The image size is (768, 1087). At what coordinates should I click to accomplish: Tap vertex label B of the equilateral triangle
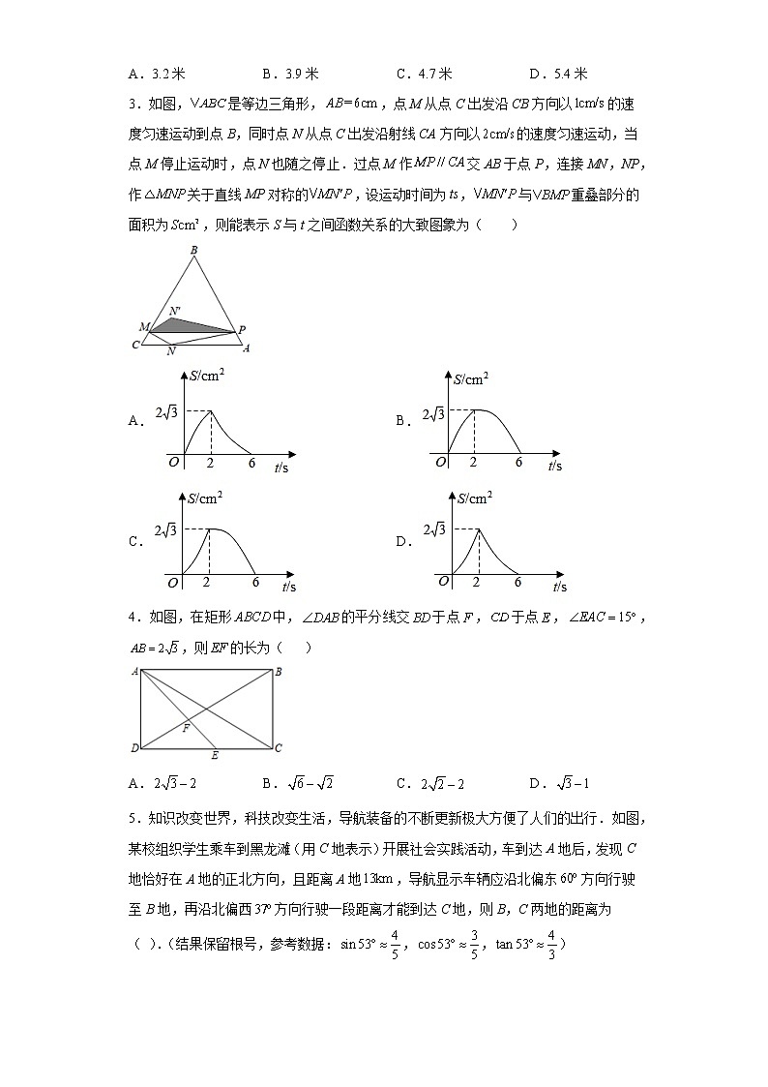click(194, 251)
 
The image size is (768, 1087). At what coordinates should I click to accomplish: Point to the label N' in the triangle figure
click(174, 312)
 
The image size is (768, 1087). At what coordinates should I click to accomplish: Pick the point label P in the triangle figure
click(242, 329)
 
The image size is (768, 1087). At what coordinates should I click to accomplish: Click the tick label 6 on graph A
click(252, 464)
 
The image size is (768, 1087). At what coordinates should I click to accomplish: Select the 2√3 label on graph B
click(432, 414)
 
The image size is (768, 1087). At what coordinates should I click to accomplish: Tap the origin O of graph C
click(173, 582)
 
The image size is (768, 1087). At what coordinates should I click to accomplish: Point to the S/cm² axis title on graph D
click(473, 498)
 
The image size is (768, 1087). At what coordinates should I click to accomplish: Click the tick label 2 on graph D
click(475, 582)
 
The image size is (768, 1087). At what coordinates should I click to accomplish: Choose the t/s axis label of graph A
click(281, 468)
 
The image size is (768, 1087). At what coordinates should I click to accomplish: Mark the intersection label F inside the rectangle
click(186, 728)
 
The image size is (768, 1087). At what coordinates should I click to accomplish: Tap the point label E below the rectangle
click(214, 756)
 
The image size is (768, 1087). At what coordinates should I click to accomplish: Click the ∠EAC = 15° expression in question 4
click(590, 618)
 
